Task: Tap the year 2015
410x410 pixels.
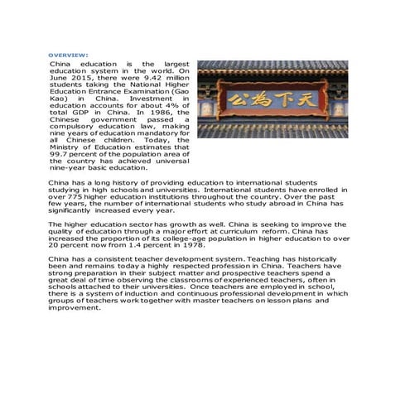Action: point(76,77)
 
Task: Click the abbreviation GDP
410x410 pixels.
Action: point(77,112)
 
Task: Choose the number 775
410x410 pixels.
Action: point(80,196)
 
